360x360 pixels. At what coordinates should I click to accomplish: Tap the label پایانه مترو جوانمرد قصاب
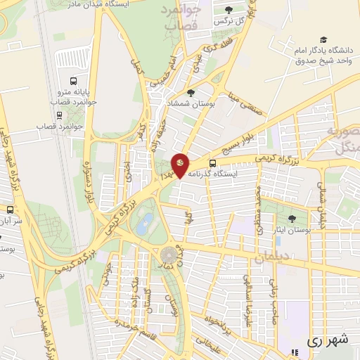75,96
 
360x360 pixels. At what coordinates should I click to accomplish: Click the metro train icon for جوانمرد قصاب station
56,116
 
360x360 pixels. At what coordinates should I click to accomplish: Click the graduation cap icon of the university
323,41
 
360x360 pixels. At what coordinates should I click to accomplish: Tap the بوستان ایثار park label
292,230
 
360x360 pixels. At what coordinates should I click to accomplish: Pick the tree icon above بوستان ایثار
292,219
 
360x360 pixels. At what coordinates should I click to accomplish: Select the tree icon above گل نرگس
229,10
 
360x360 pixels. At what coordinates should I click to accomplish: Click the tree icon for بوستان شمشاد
191,92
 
